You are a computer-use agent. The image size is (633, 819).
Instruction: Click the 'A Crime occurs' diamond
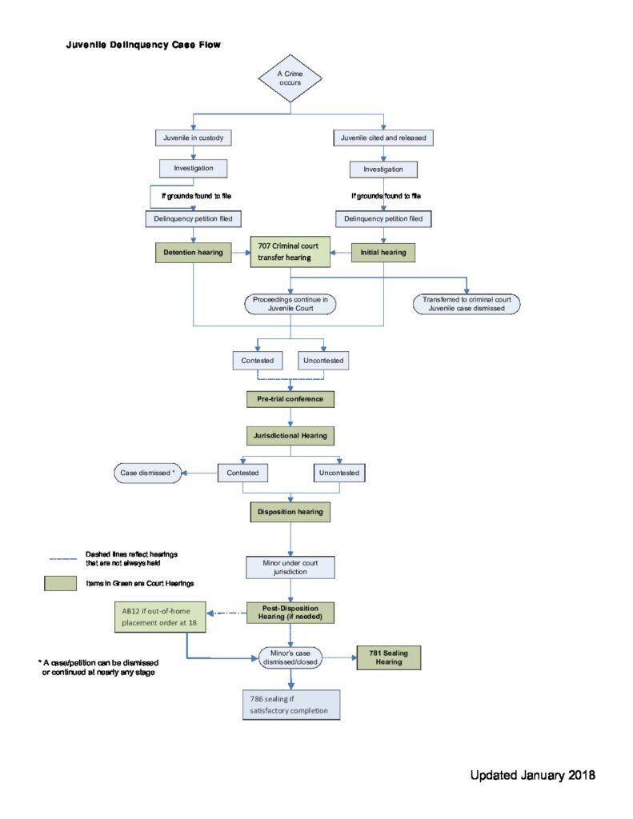coord(290,78)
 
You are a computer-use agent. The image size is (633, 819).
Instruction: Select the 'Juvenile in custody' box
coord(194,138)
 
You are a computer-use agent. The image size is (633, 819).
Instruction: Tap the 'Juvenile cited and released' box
coord(383,138)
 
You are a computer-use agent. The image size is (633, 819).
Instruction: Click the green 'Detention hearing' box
coord(194,252)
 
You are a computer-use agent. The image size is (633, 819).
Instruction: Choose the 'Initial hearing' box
coord(383,252)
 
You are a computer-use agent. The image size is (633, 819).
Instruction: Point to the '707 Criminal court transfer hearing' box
coord(290,252)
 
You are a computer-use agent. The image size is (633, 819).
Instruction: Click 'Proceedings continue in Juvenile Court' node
coord(290,304)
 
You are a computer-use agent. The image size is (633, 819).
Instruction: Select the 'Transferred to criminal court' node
coord(467,304)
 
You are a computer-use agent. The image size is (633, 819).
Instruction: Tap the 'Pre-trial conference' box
coord(290,399)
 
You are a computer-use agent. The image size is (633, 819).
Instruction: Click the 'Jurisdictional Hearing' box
coord(290,436)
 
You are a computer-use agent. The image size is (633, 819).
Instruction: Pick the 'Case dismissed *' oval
coord(147,473)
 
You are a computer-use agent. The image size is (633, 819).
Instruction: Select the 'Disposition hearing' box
coord(290,512)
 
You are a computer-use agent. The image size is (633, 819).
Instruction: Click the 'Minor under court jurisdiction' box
coord(290,567)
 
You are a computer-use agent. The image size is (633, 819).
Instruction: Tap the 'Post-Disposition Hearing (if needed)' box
coord(290,613)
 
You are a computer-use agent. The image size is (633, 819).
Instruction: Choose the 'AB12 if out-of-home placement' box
coord(160,617)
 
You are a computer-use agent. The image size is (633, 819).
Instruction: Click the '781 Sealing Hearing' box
coord(388,657)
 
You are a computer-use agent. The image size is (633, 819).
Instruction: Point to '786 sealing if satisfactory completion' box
coord(291,705)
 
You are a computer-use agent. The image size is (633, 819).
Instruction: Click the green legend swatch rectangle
coord(60,583)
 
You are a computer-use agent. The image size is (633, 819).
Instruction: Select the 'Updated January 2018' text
coord(533,775)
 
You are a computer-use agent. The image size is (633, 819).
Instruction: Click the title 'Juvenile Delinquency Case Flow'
coord(143,45)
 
